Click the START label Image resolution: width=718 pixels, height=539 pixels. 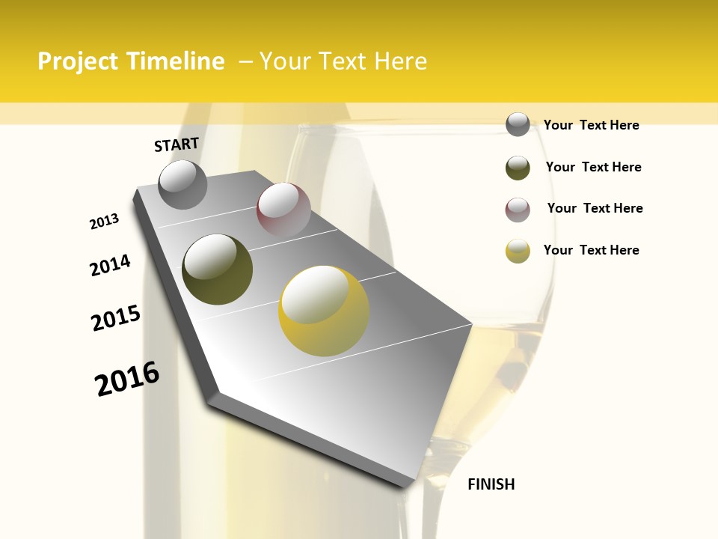[x=177, y=144]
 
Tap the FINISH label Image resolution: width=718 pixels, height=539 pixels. [x=491, y=484]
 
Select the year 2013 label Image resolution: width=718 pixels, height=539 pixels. [x=104, y=222]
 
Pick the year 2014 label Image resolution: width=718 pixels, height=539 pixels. [x=110, y=266]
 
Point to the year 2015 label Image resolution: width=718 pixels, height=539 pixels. [x=115, y=318]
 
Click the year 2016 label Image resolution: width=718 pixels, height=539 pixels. [x=127, y=379]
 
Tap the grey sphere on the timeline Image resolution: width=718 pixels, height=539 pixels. [x=182, y=184]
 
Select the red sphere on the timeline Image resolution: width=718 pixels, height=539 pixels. [x=283, y=210]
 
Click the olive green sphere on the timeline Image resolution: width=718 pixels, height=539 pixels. [x=217, y=269]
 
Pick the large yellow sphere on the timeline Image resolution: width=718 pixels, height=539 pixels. [x=324, y=311]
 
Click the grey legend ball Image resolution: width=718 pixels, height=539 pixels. [x=518, y=124]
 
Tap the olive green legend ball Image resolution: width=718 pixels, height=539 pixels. [x=518, y=168]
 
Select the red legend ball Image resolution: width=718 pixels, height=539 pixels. [x=518, y=210]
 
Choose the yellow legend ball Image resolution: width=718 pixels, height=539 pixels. [x=518, y=251]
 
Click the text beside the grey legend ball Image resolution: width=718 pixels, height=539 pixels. [x=591, y=125]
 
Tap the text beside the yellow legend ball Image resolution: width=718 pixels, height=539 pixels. [x=591, y=250]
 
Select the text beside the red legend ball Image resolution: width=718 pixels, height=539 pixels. [x=595, y=208]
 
